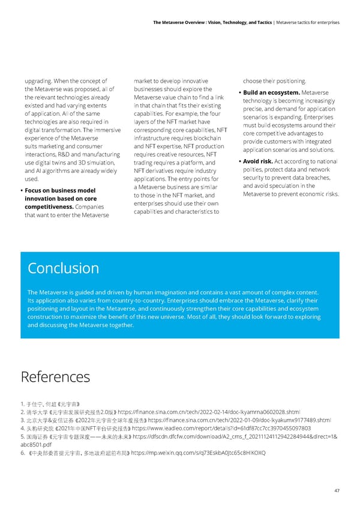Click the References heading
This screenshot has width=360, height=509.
(55, 376)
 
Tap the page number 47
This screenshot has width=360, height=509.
(337, 490)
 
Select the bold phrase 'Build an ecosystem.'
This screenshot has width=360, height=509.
(271, 92)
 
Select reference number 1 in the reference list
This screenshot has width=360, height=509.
(22, 404)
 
